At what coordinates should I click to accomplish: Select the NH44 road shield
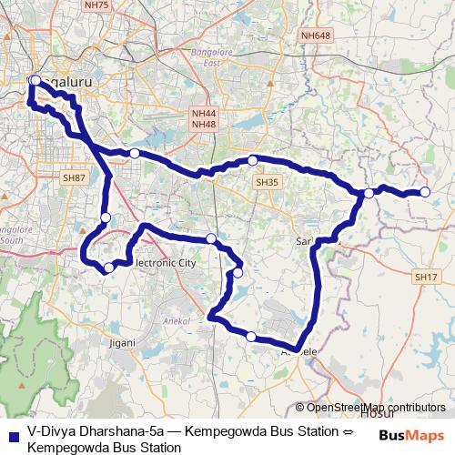coord(204,113)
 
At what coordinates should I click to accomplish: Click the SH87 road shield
coord(74,178)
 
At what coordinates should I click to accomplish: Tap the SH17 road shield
coord(425,277)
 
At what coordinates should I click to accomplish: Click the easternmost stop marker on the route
coord(424,191)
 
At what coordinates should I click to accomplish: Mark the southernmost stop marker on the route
coord(251,337)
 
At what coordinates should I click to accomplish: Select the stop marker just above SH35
coord(253,160)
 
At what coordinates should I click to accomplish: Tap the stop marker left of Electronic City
coord(108,267)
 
